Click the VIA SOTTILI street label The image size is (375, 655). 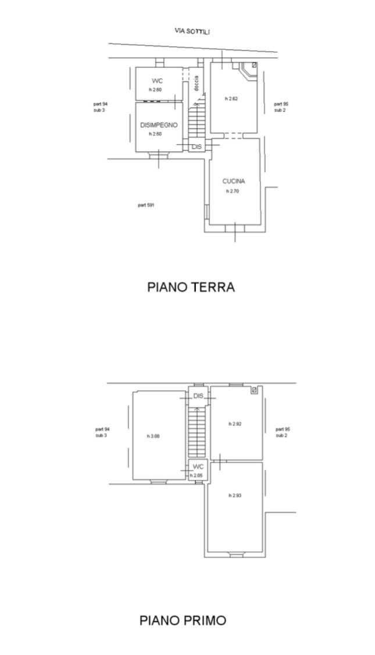point(192,31)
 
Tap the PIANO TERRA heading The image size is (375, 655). point(191,287)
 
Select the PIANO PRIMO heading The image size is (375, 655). point(183,620)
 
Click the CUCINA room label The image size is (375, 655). point(234,181)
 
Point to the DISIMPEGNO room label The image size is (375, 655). point(159,125)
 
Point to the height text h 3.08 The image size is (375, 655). point(153,436)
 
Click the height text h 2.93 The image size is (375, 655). point(235,496)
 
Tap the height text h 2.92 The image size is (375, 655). point(235,424)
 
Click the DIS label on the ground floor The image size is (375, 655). point(197,147)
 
